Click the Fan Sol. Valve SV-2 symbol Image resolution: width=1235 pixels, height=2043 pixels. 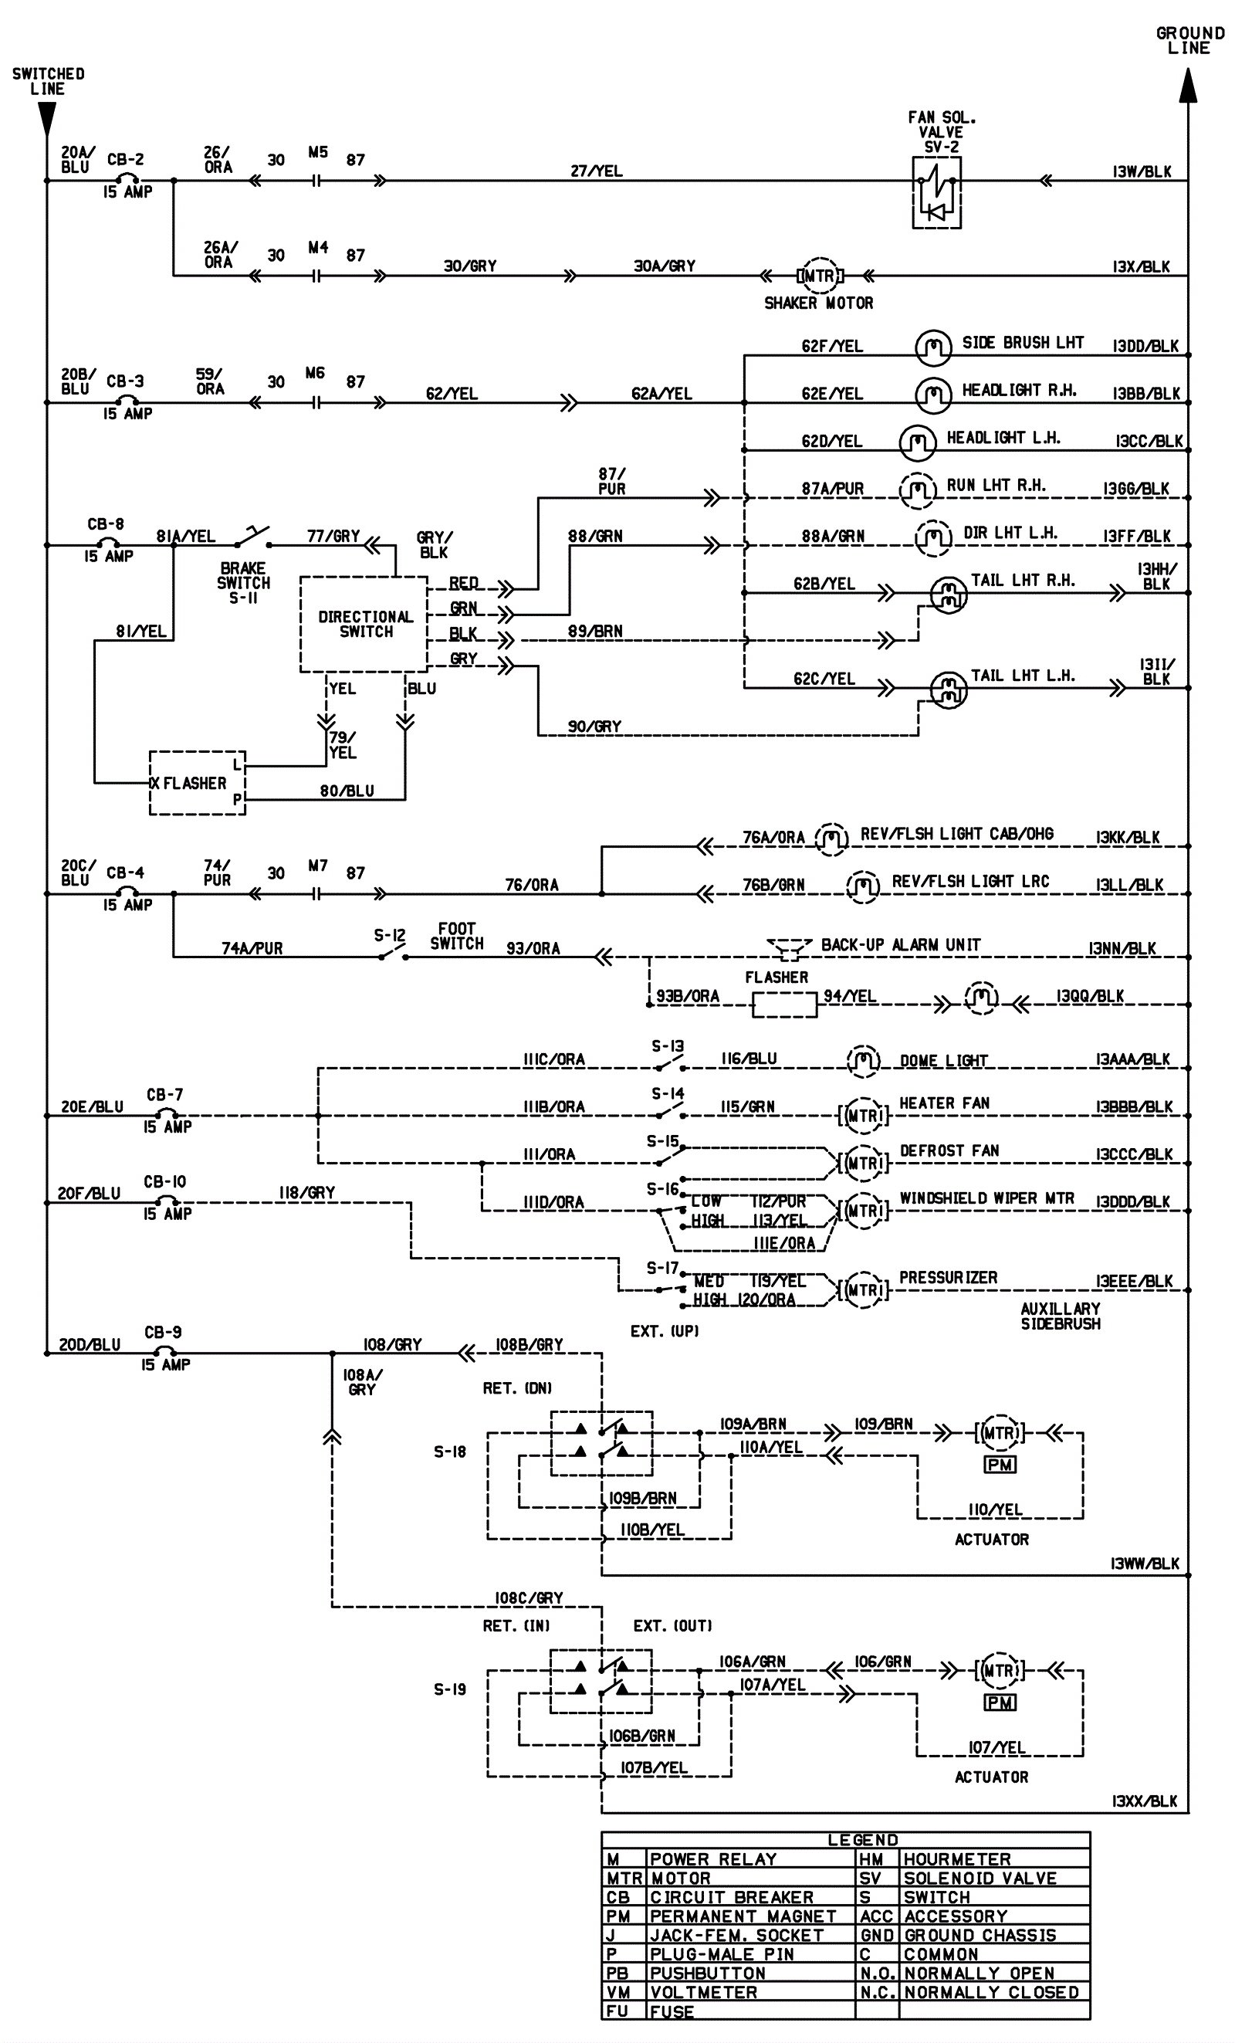coord(936,192)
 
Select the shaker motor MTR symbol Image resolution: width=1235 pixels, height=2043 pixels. coord(819,276)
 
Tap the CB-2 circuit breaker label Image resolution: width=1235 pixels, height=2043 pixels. coord(125,159)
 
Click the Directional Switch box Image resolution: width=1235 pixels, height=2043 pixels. coord(364,625)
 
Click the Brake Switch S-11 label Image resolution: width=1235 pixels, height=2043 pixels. coord(243,583)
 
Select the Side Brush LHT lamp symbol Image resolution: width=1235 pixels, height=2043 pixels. coord(932,347)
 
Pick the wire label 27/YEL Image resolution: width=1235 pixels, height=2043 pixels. coord(596,171)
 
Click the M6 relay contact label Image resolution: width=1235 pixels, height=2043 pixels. coord(315,373)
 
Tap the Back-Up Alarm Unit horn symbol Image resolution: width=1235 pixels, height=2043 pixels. coord(789,946)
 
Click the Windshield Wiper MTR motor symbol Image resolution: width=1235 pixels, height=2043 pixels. coord(862,1211)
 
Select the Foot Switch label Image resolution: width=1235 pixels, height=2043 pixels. coord(457,936)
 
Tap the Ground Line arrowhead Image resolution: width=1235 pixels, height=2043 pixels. coord(1188,86)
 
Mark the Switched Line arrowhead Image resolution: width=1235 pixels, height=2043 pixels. coord(47,120)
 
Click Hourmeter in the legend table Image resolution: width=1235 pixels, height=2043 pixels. coord(957,1860)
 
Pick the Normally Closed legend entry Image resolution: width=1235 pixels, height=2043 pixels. coord(991,1991)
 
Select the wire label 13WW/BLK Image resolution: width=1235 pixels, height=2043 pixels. coord(1145,1564)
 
